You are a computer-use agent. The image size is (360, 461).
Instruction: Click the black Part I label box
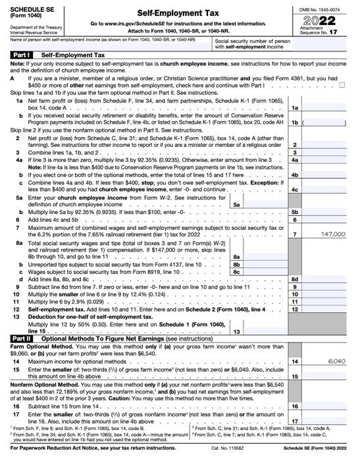click(20, 55)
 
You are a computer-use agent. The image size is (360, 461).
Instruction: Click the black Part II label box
click(20, 337)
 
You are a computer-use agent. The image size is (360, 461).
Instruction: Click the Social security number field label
click(253, 43)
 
